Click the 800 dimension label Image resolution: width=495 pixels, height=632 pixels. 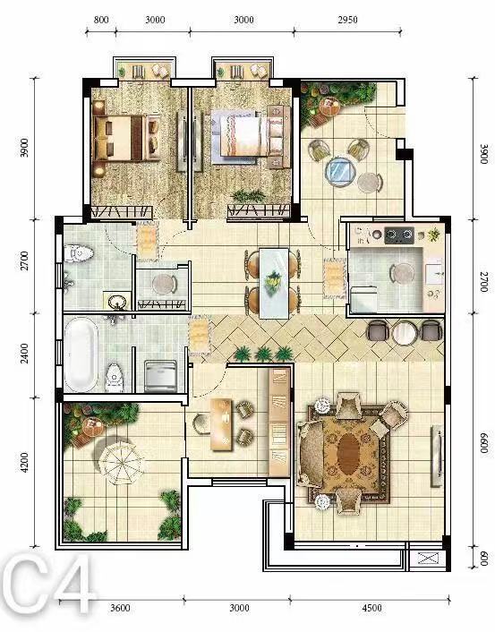(101, 20)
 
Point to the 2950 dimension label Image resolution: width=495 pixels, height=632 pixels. (347, 20)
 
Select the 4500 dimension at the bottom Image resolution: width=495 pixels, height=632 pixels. (371, 608)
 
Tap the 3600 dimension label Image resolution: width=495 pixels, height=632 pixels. (120, 608)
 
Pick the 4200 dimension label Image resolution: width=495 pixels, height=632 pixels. (24, 462)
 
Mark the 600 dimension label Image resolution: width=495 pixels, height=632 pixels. (483, 559)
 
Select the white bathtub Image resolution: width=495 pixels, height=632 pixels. (81, 354)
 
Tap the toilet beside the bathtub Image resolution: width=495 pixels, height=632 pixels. (115, 377)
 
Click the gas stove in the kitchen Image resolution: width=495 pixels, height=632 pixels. (399, 235)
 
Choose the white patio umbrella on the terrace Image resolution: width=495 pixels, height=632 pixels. (121, 463)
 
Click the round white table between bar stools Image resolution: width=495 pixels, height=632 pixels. (405, 333)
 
